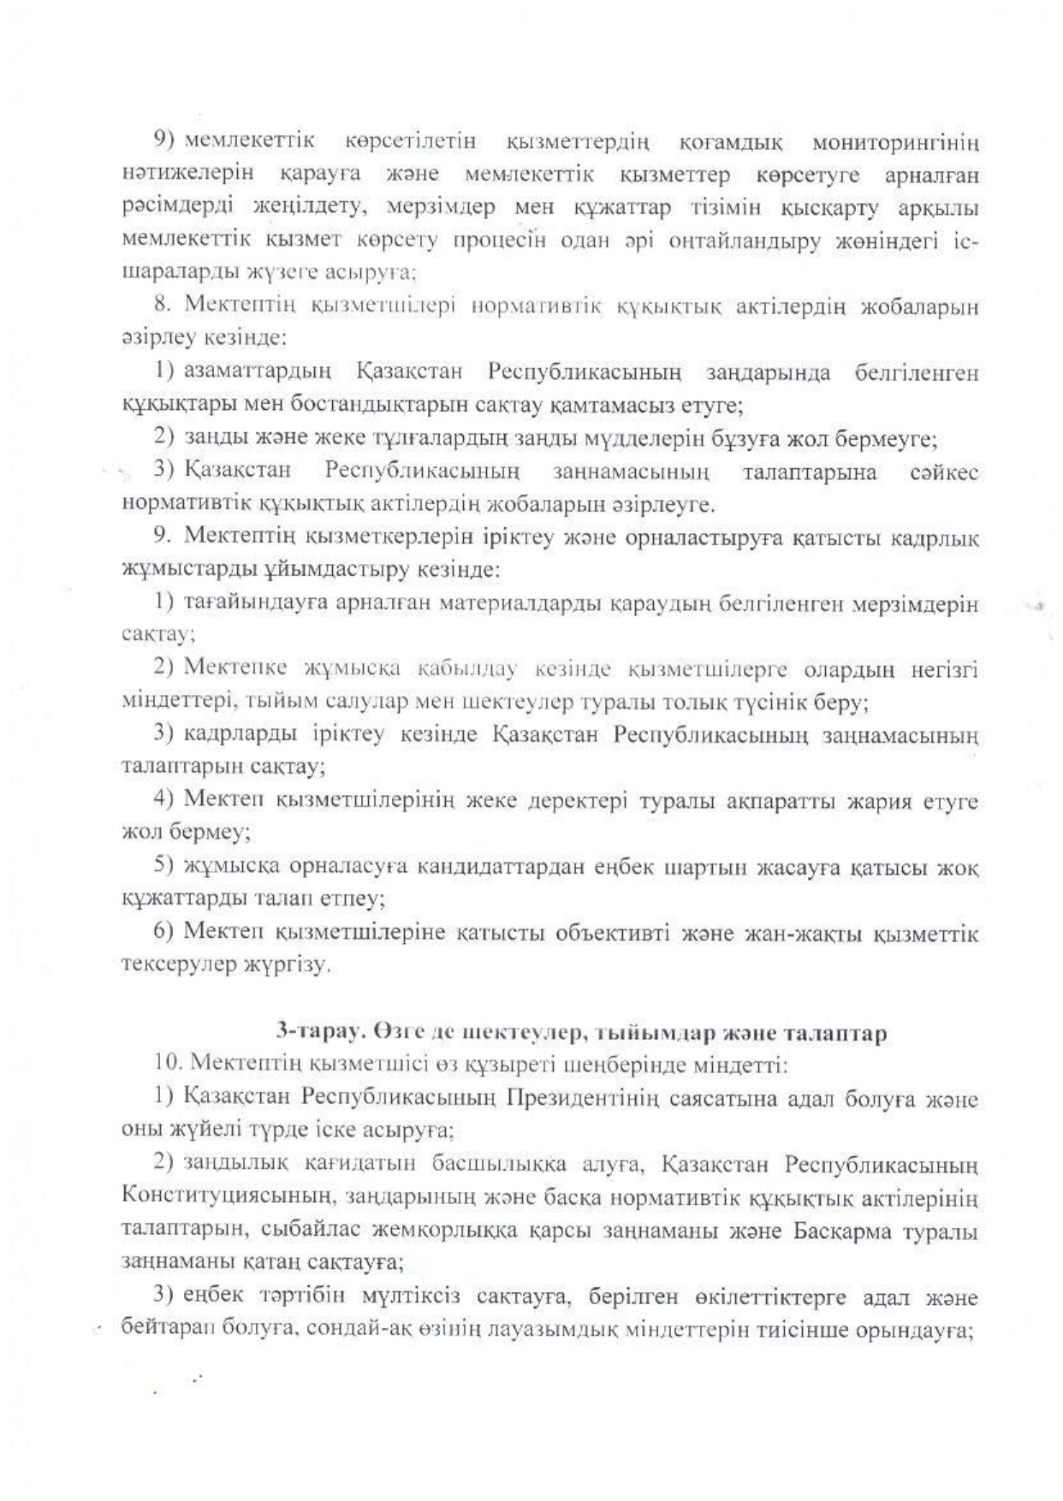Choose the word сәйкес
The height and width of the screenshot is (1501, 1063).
coord(944,472)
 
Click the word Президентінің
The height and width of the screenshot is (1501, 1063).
coord(581,1098)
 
